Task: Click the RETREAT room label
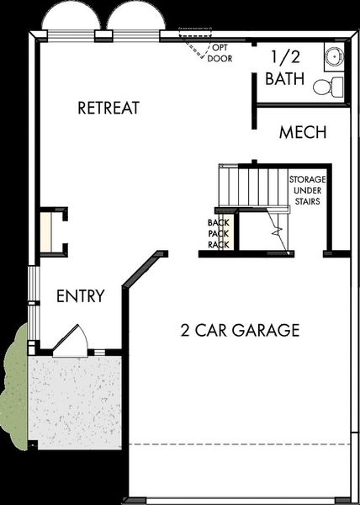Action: point(108,108)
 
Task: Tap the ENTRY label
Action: point(81,296)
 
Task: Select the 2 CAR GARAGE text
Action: point(240,330)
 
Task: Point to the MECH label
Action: point(303,133)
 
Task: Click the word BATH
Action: point(286,80)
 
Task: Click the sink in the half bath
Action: point(334,56)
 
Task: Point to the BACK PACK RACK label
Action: point(219,234)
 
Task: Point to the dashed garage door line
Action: point(240,444)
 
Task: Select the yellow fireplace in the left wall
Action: point(46,231)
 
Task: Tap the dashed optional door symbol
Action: point(200,44)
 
